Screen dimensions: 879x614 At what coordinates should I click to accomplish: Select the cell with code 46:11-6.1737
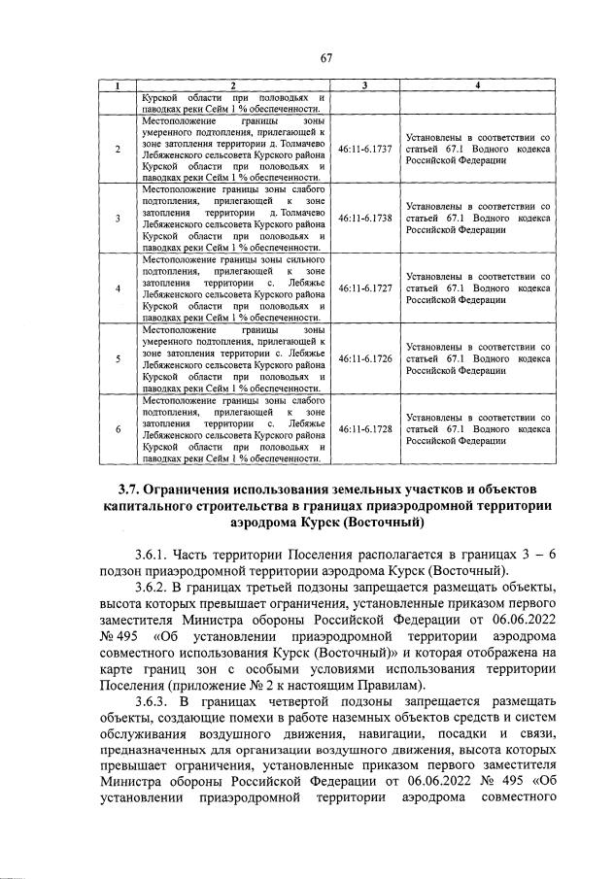click(365, 150)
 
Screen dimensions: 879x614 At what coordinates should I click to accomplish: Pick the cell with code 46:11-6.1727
click(365, 288)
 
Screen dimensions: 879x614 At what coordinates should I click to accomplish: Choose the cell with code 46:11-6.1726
click(365, 358)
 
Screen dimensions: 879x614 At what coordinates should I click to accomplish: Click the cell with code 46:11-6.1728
click(365, 428)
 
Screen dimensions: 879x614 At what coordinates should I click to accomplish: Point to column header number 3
click(365, 87)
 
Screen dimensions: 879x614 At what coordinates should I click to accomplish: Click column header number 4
click(479, 87)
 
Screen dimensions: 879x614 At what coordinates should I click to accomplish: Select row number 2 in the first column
click(118, 150)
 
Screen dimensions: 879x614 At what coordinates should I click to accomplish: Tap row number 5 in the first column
click(118, 358)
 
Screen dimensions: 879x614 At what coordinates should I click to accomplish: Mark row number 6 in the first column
click(118, 428)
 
